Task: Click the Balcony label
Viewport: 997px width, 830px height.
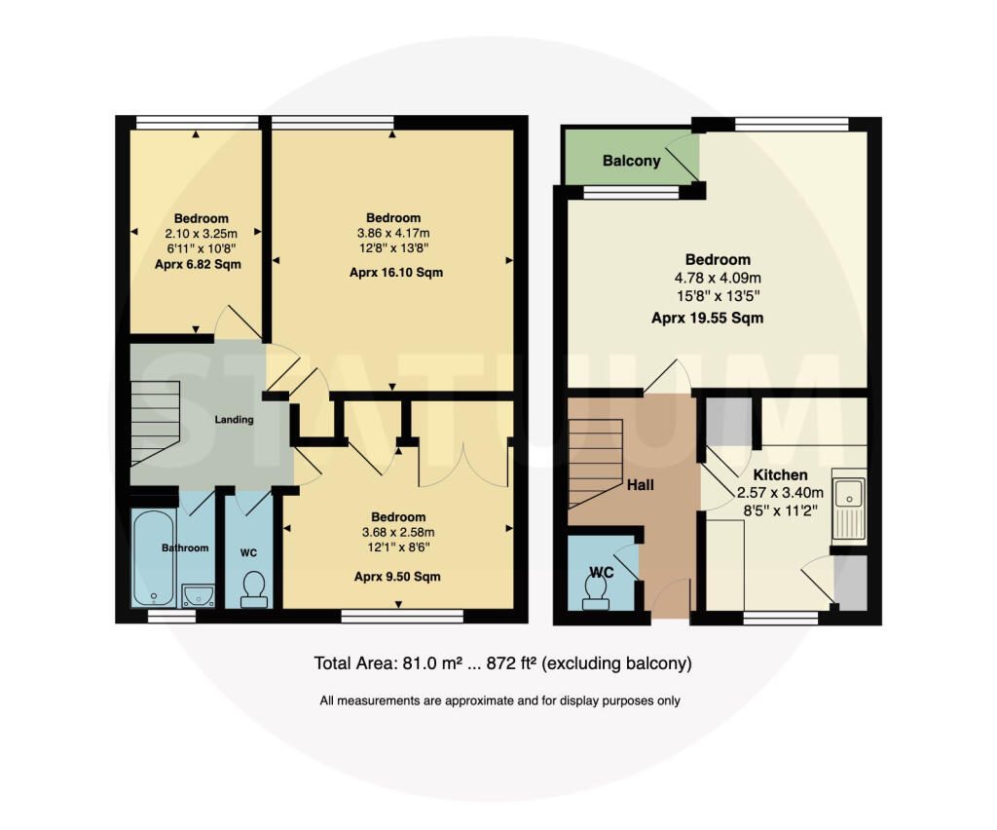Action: click(x=631, y=161)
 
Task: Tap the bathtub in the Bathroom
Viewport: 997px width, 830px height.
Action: click(x=154, y=558)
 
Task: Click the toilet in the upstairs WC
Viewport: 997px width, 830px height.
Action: click(x=254, y=589)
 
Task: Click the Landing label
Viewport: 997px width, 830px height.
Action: click(x=234, y=420)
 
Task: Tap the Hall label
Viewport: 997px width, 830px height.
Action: click(x=641, y=485)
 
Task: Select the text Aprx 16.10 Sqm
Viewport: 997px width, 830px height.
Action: click(x=396, y=273)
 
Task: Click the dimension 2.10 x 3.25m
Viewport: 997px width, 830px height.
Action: click(x=201, y=234)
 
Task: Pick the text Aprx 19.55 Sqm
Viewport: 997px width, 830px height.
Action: click(x=707, y=318)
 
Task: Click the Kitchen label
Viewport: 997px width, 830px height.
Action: click(x=780, y=475)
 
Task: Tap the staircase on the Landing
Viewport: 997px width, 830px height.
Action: click(x=155, y=424)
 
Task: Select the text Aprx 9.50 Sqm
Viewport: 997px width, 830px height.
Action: click(x=397, y=577)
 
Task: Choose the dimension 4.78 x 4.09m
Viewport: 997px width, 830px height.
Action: click(x=718, y=278)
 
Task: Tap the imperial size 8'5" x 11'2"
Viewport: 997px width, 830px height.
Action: click(x=780, y=510)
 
